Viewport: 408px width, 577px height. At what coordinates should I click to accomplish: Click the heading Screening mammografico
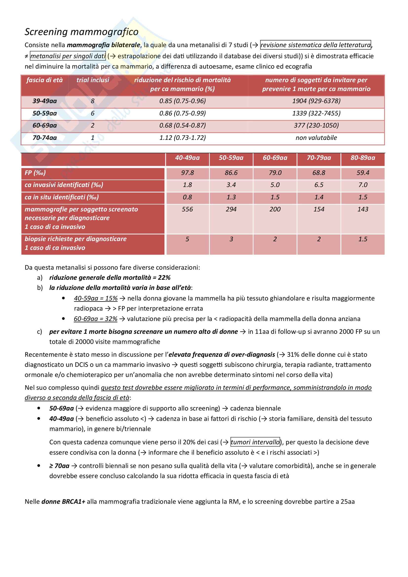pyautogui.click(x=81, y=32)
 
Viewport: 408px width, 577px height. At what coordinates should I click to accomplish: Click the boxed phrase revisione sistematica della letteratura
pyautogui.click(x=315, y=45)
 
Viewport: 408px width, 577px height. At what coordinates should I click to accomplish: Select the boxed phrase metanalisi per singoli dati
pyautogui.click(x=68, y=56)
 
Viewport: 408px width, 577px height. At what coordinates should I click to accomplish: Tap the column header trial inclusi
pyautogui.click(x=93, y=80)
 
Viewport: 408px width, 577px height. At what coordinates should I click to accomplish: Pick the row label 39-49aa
pyautogui.click(x=44, y=101)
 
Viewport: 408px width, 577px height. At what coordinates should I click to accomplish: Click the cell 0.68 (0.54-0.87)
pyautogui.click(x=182, y=125)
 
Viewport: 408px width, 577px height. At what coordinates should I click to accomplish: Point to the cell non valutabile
pyautogui.click(x=316, y=138)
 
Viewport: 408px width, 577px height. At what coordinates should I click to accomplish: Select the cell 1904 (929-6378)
pyautogui.click(x=316, y=101)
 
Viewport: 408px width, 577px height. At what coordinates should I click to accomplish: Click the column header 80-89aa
pyautogui.click(x=363, y=158)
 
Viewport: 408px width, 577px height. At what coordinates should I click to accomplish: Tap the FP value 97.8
pyautogui.click(x=187, y=173)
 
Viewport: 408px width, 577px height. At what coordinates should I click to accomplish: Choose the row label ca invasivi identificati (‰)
pyautogui.click(x=64, y=185)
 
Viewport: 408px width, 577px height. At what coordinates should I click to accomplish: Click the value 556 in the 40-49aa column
pyautogui.click(x=187, y=209)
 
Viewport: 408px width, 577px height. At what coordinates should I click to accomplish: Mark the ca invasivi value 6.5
pyautogui.click(x=319, y=185)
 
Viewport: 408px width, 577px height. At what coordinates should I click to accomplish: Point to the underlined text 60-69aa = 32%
pyautogui.click(x=96, y=319)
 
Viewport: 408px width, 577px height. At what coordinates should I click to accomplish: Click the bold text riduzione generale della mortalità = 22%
pyautogui.click(x=110, y=278)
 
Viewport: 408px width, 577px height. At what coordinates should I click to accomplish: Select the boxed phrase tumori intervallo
pyautogui.click(x=255, y=442)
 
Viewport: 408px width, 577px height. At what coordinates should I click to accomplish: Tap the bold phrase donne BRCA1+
pyautogui.click(x=63, y=502)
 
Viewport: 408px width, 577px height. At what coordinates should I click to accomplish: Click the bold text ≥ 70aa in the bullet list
pyautogui.click(x=59, y=466)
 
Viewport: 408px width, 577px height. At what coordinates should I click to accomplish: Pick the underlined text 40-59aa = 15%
pyautogui.click(x=96, y=298)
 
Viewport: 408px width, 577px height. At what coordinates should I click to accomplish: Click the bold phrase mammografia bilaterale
pyautogui.click(x=104, y=45)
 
